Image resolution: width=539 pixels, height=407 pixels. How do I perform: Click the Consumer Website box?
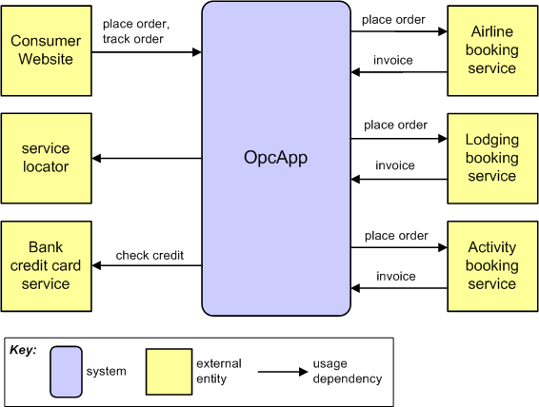click(47, 50)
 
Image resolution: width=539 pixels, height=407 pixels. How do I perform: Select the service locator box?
click(47, 158)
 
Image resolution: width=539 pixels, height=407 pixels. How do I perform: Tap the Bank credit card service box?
click(47, 266)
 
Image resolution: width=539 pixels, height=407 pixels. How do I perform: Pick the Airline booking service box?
click(492, 50)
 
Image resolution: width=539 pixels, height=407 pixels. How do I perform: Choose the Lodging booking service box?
click(492, 158)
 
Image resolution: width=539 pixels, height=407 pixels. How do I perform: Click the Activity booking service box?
click(492, 266)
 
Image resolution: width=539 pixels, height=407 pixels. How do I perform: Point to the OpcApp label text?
click(275, 158)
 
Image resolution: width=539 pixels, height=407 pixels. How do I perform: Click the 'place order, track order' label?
click(136, 31)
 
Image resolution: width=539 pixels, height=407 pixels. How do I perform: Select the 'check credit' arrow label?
click(150, 255)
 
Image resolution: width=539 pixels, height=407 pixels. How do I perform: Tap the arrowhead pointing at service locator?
click(96, 158)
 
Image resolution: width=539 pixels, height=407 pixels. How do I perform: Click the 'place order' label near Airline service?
click(393, 20)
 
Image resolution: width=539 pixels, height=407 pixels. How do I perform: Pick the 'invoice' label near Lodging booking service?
click(395, 165)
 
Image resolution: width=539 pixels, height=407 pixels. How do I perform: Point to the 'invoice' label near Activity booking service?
click(395, 277)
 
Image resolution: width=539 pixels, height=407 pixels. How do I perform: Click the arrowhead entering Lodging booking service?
click(443, 139)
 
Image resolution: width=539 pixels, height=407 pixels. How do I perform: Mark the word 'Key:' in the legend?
click(23, 350)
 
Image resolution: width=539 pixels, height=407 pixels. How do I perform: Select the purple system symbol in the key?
click(66, 372)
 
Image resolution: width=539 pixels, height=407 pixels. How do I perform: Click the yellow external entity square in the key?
click(169, 372)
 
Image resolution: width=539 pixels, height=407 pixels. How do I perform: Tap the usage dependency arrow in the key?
click(283, 372)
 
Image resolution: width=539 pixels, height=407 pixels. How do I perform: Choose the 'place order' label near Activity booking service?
click(396, 236)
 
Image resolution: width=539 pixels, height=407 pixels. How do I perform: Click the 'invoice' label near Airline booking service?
click(393, 61)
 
